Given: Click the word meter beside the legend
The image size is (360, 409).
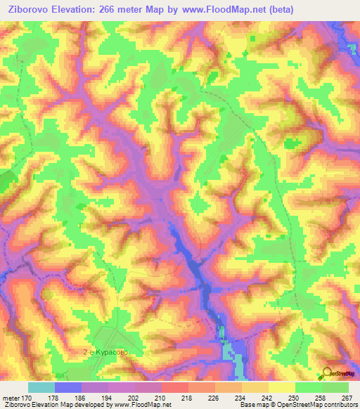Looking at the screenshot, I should click(x=12, y=398).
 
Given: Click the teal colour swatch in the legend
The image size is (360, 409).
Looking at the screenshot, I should click(x=41, y=387).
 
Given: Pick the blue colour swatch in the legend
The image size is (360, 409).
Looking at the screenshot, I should click(x=68, y=387).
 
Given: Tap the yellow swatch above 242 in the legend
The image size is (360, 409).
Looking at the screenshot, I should click(x=256, y=387).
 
